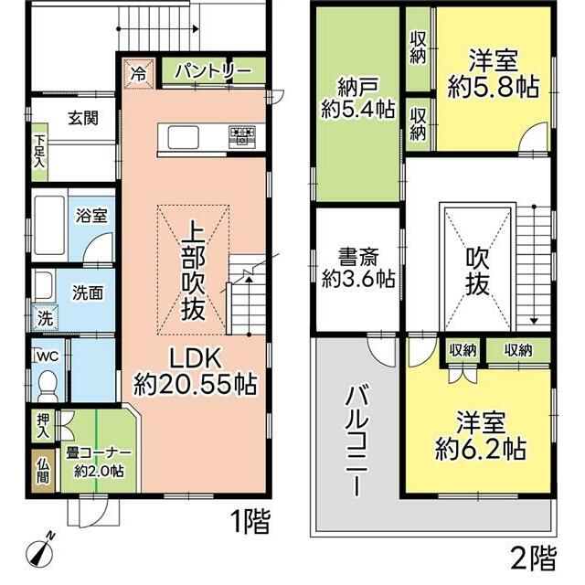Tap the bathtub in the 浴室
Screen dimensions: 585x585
(x=49, y=224)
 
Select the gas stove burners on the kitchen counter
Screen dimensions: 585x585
(x=242, y=136)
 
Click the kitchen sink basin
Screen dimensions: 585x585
(x=183, y=137)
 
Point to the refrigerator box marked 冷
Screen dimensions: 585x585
(x=138, y=73)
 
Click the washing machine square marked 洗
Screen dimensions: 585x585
(x=45, y=318)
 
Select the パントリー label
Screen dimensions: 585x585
(x=213, y=71)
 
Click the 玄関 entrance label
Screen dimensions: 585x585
(x=83, y=118)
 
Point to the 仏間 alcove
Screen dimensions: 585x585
(x=43, y=470)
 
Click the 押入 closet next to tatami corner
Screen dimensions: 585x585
(x=43, y=426)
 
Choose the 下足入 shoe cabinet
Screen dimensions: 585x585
(x=39, y=152)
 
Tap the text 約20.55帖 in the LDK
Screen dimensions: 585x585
(x=195, y=384)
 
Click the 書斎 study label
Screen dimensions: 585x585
(x=358, y=257)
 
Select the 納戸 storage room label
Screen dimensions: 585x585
(x=357, y=88)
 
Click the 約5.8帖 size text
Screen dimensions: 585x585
(x=494, y=88)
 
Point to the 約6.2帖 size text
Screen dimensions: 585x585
(x=481, y=450)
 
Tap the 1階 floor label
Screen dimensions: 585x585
(x=250, y=522)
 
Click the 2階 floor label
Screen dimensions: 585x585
(x=534, y=558)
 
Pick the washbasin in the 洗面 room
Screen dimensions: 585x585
(x=42, y=286)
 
